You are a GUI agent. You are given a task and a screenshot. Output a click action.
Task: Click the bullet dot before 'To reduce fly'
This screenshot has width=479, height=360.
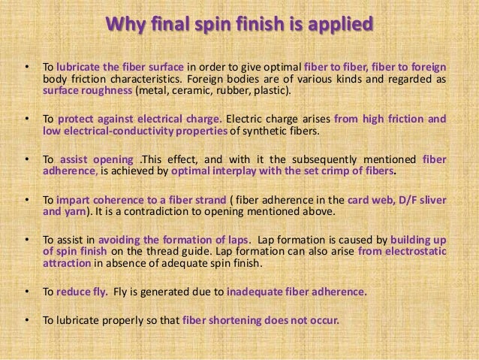(28, 292)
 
